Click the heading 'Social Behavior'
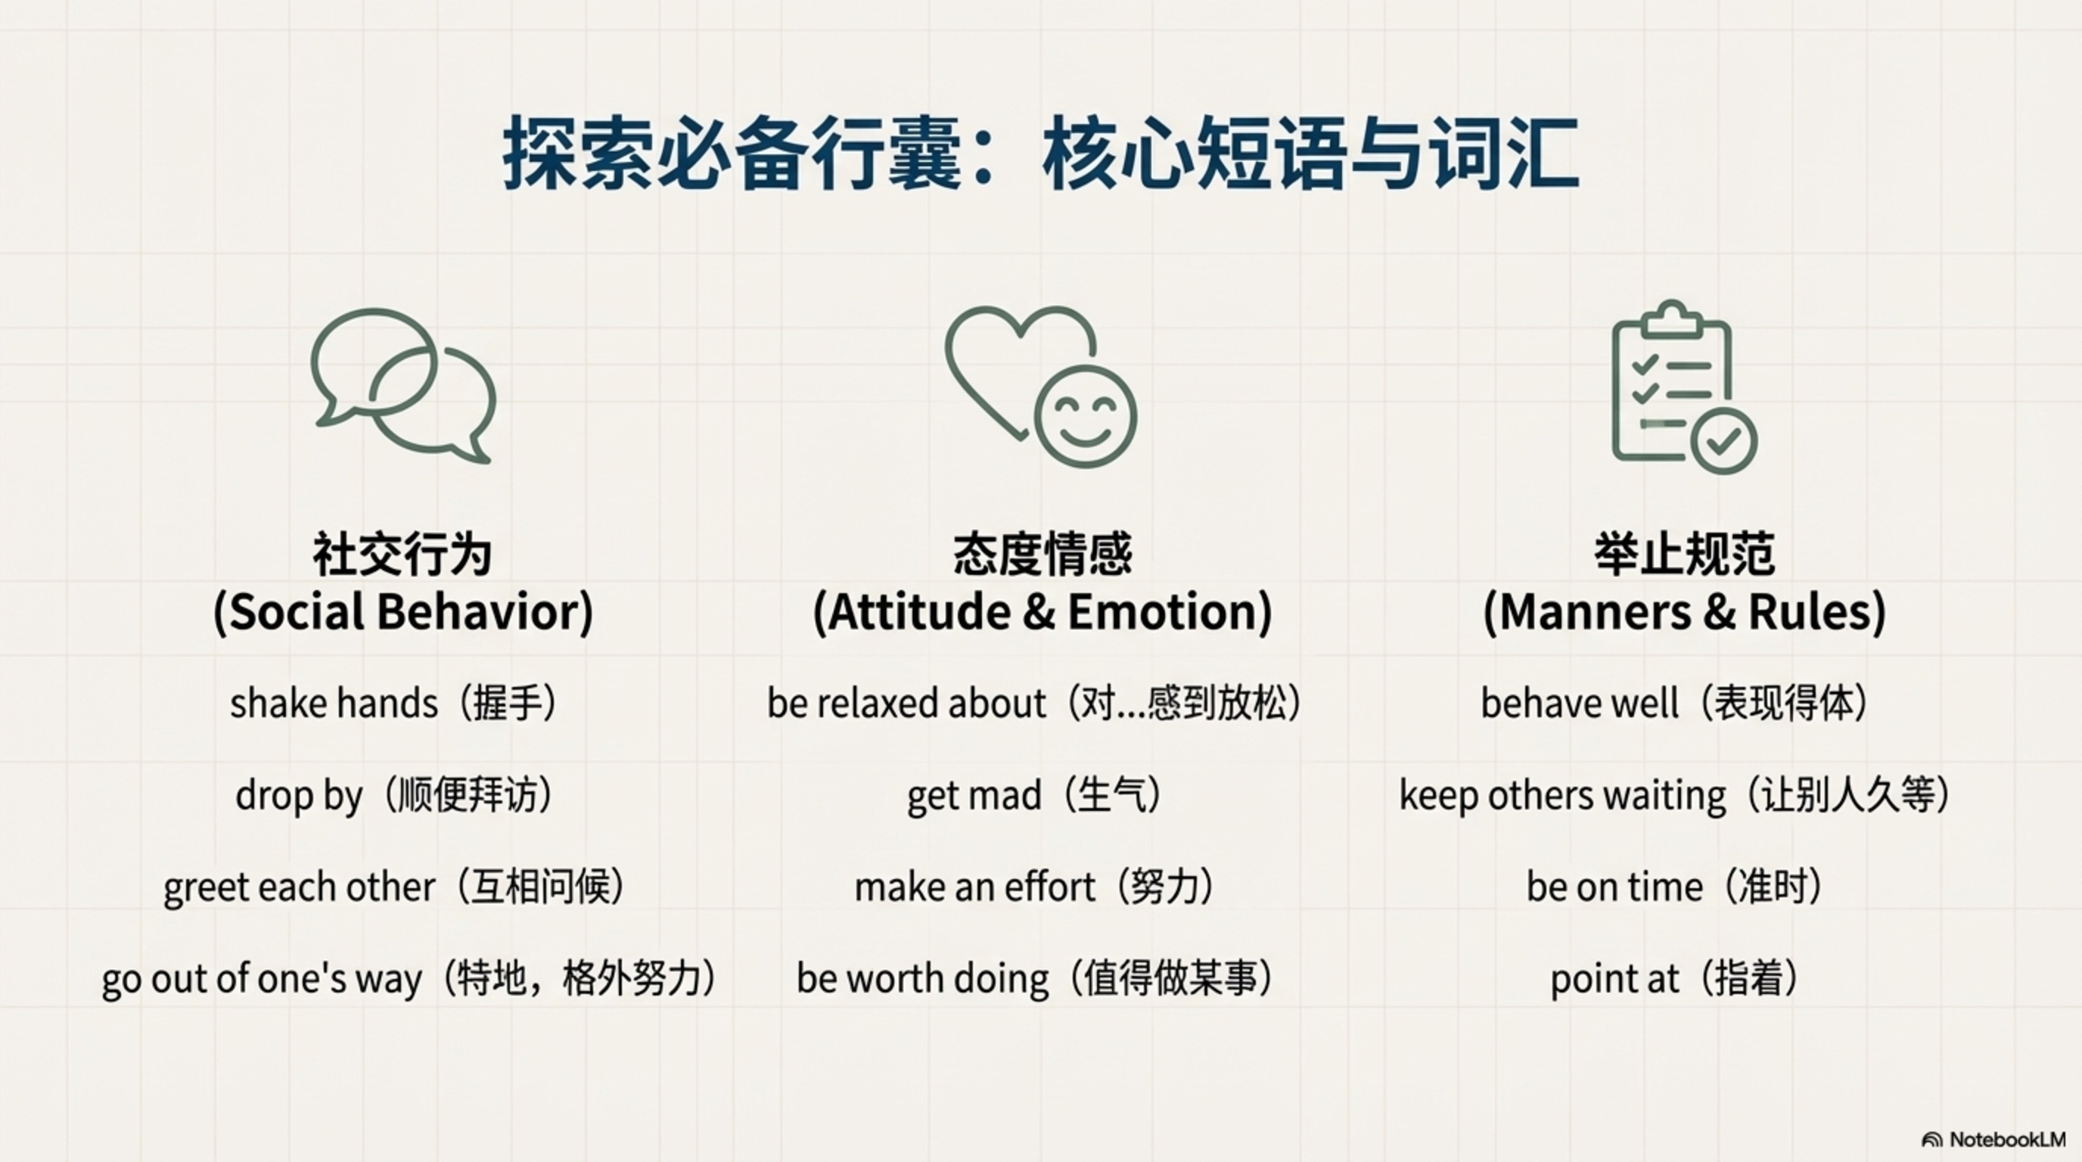click(x=403, y=612)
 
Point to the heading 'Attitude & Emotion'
click(x=1043, y=612)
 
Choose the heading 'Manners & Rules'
click(x=1684, y=612)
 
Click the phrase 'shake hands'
click(x=334, y=703)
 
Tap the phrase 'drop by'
click(x=299, y=796)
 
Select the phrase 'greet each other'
click(x=299, y=887)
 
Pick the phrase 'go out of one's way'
click(x=262, y=980)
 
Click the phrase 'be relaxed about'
click(x=906, y=703)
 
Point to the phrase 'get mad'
click(x=974, y=796)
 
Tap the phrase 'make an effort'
click(x=974, y=887)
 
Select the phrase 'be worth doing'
click(x=922, y=980)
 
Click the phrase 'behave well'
click(x=1580, y=703)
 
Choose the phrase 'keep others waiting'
click(x=1562, y=796)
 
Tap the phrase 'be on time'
click(x=1614, y=887)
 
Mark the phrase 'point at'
click(x=1614, y=980)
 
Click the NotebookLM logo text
click(x=2007, y=1139)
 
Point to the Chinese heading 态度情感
click(x=1043, y=555)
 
